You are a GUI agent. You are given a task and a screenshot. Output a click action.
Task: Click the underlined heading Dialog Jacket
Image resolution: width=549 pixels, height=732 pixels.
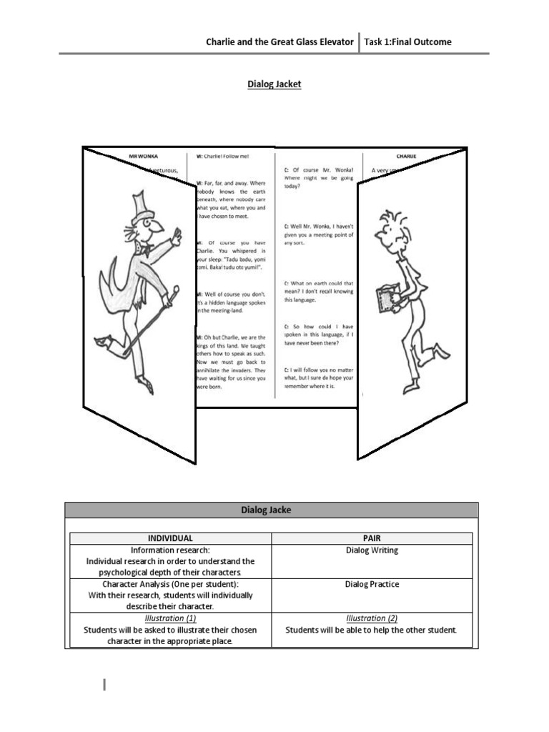[x=274, y=84]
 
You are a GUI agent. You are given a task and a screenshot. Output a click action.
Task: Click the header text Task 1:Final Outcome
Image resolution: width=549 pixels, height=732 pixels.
[x=407, y=41]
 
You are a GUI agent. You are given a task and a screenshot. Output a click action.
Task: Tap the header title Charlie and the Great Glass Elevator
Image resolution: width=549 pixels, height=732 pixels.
[x=280, y=41]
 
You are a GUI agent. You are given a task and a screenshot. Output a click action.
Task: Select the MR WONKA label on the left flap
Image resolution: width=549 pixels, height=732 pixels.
[x=143, y=155]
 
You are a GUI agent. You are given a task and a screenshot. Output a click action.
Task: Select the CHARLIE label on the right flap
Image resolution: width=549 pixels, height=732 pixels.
[x=406, y=155]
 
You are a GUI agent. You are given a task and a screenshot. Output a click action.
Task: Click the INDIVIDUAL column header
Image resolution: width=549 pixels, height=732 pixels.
[x=170, y=538]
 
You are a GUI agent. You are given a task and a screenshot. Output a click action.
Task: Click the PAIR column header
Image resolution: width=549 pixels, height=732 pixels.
[x=372, y=538]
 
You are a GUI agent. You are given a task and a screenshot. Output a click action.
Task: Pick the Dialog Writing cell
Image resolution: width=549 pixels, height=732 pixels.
[x=372, y=550]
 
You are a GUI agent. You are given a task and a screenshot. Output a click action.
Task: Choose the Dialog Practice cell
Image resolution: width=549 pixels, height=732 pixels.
[x=372, y=584]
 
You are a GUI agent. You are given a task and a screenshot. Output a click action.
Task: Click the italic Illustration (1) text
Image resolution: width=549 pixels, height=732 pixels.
[x=170, y=618]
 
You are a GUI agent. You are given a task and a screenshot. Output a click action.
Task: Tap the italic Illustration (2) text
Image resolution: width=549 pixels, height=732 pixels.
[x=372, y=618]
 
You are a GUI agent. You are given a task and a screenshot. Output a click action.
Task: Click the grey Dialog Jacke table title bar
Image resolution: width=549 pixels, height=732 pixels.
[x=272, y=510]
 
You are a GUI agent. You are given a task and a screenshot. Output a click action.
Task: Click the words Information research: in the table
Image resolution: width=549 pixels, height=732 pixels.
[x=170, y=550]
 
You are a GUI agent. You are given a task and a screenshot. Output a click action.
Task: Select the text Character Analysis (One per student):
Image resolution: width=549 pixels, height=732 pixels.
[x=170, y=584]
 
